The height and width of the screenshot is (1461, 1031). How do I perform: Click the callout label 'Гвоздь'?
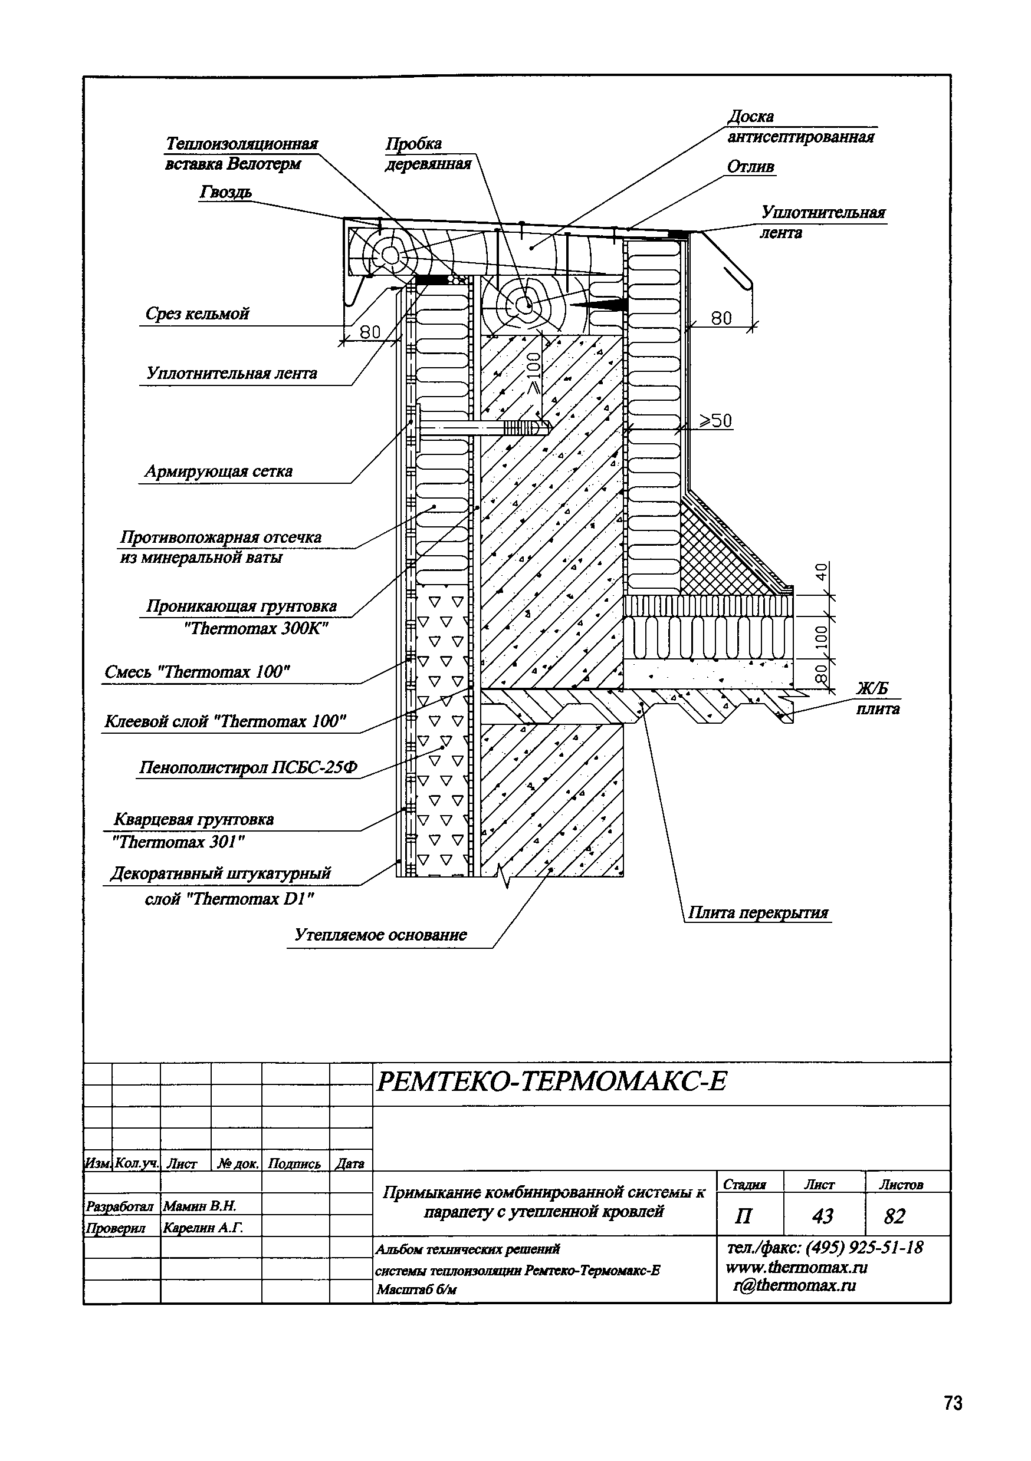pyautogui.click(x=225, y=192)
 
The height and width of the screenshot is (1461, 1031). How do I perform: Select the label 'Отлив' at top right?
pyautogui.click(x=751, y=167)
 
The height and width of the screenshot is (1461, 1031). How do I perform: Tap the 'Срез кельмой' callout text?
pyautogui.click(x=197, y=314)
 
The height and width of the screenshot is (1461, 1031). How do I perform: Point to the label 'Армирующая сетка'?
pyautogui.click(x=218, y=471)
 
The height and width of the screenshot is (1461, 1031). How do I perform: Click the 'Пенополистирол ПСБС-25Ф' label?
pyautogui.click(x=248, y=768)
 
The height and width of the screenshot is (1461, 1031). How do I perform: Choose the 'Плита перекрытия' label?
pyautogui.click(x=759, y=913)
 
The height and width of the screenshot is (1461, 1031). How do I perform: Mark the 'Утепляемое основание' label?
pyautogui.click(x=380, y=935)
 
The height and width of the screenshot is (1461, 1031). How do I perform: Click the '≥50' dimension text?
pyautogui.click(x=716, y=421)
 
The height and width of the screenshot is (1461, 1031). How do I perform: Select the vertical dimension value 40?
pyautogui.click(x=822, y=572)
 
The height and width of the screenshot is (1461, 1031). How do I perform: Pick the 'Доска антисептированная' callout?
pyautogui.click(x=800, y=127)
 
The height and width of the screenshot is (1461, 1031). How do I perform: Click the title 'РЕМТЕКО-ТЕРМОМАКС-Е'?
pyautogui.click(x=551, y=1081)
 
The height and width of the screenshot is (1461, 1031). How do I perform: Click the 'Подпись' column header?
pyautogui.click(x=294, y=1164)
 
